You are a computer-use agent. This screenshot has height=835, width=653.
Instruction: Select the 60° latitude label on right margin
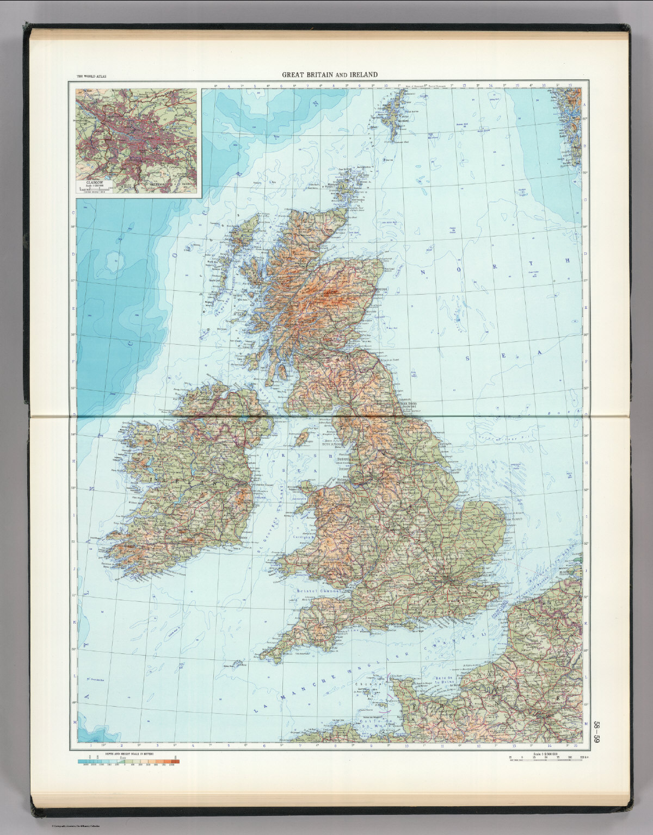[x=586, y=118]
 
